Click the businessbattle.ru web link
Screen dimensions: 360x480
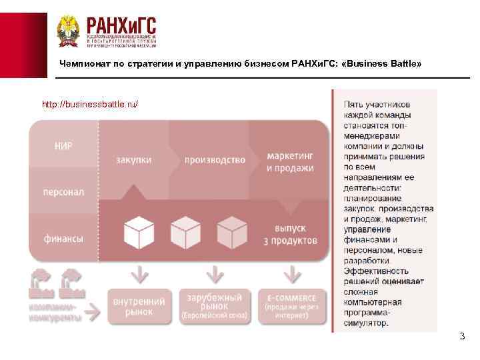90,105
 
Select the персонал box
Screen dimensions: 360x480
64,192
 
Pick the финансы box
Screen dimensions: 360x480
64,238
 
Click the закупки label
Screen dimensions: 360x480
134,161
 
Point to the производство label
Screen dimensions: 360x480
215,161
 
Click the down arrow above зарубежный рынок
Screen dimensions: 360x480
215,273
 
